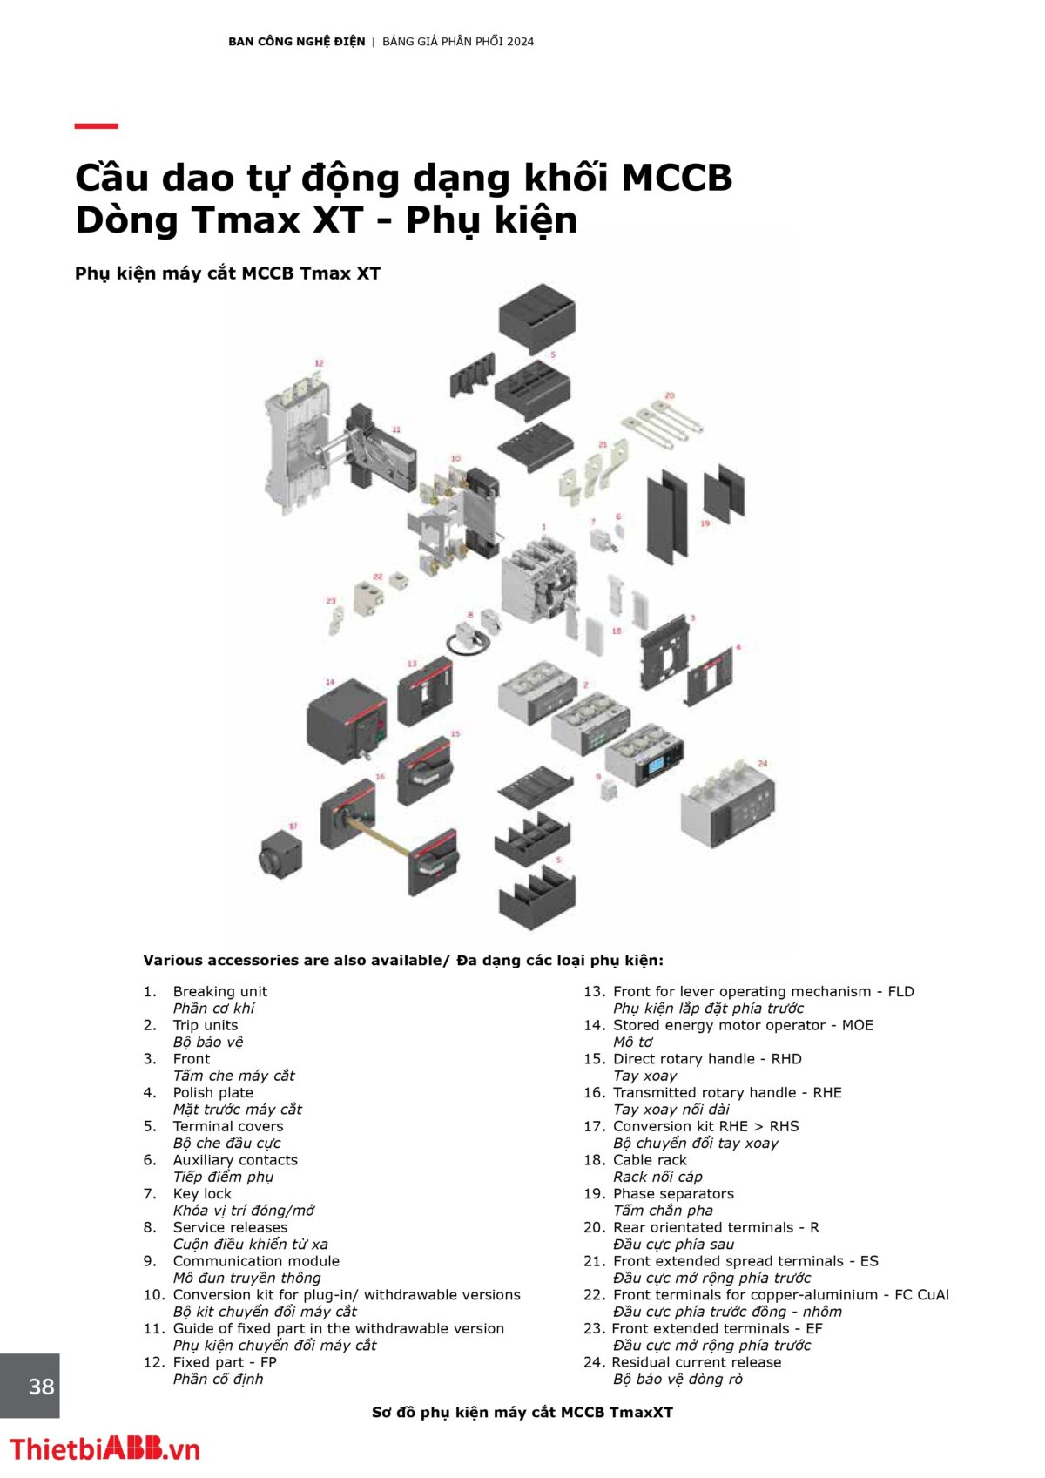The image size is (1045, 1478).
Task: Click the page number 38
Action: [x=41, y=1386]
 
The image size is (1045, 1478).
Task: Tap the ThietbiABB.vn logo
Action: [x=104, y=1449]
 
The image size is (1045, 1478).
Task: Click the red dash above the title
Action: [x=96, y=126]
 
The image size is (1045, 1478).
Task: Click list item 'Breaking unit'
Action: [x=219, y=991]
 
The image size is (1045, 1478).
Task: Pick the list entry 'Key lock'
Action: [x=202, y=1193]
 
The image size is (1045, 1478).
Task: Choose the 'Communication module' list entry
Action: [x=256, y=1261]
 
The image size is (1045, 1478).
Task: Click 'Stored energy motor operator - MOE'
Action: [x=743, y=1025]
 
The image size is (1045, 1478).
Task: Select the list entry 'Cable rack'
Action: [x=650, y=1160]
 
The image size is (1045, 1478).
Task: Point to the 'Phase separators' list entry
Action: [x=673, y=1193]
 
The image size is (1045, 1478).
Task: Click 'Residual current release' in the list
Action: [x=697, y=1362]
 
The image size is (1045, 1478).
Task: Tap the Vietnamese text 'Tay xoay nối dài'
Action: [x=671, y=1110]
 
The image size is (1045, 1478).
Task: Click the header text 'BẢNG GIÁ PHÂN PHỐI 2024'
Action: [x=458, y=42]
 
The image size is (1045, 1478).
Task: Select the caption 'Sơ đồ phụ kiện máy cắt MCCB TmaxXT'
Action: [x=522, y=1413]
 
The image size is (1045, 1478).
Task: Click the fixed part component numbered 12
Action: [x=299, y=435]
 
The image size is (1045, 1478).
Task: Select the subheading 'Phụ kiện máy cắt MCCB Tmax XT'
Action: [x=227, y=273]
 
